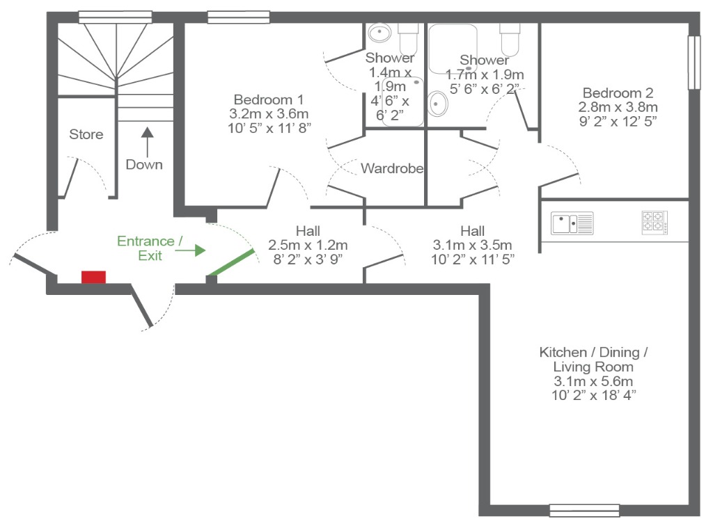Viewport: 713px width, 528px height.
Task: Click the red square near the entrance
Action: (94, 277)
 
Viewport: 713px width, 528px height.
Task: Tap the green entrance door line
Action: (230, 263)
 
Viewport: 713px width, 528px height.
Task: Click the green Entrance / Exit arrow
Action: (191, 250)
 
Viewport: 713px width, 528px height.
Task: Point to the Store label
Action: (86, 134)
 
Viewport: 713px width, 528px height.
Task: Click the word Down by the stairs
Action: (144, 164)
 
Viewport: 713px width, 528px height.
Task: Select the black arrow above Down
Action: (147, 142)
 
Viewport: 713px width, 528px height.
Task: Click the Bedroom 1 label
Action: (268, 99)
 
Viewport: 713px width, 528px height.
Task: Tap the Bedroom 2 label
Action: (618, 93)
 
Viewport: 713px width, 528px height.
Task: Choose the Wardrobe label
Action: (392, 168)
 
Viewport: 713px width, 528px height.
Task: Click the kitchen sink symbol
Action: (572, 223)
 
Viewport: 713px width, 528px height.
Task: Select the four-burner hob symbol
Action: (655, 223)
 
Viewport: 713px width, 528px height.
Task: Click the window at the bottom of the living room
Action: (584, 511)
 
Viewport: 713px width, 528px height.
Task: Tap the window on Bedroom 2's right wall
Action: (694, 63)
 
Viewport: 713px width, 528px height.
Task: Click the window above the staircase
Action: (115, 17)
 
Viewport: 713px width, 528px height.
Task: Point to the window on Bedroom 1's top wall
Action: (239, 17)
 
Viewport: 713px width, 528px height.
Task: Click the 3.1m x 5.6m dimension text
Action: (593, 381)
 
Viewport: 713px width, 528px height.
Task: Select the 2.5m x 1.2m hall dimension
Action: (308, 246)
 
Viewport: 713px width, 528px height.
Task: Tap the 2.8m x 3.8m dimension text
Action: (618, 107)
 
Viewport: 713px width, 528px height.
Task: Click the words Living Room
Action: (593, 367)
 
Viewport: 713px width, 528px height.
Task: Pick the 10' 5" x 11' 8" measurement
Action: (269, 128)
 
